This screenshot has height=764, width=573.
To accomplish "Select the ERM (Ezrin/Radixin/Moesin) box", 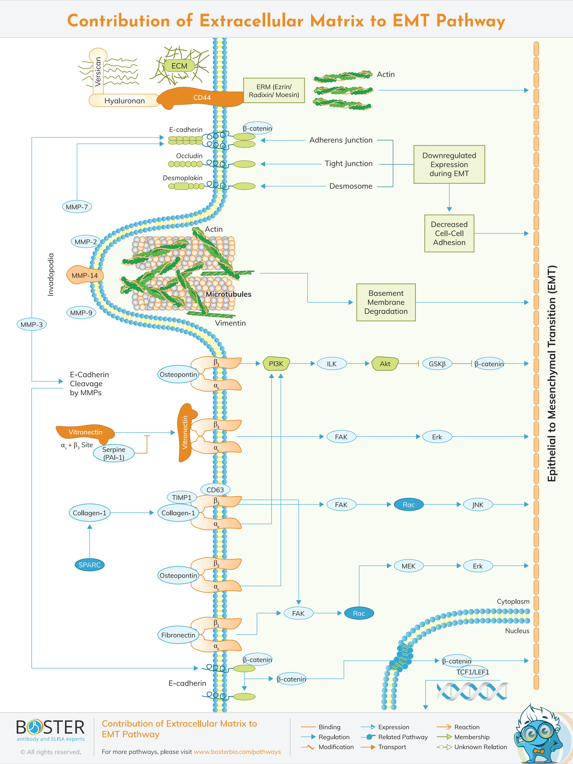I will click(274, 91).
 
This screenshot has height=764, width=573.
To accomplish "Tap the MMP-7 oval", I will click(77, 207).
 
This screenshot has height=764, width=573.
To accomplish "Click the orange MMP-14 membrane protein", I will click(84, 275).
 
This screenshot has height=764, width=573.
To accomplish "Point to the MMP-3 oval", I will click(32, 324).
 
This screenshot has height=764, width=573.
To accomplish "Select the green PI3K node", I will click(276, 364).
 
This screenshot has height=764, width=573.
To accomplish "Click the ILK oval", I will click(332, 364).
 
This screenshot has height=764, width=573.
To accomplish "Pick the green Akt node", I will click(385, 364).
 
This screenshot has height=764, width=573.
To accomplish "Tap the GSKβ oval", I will click(437, 364).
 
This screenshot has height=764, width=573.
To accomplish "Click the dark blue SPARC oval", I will click(90, 565).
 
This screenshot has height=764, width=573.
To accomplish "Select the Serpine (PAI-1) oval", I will click(114, 453).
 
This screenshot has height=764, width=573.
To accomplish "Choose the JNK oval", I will click(478, 505).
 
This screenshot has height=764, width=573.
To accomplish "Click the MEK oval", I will click(408, 566).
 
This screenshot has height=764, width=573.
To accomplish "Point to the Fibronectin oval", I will click(178, 635).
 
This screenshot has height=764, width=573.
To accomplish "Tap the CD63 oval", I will click(215, 489).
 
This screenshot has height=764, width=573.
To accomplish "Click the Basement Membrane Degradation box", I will click(386, 302).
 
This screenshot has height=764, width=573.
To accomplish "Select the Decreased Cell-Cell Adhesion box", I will click(449, 233).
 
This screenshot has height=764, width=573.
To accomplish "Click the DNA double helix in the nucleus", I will click(472, 691).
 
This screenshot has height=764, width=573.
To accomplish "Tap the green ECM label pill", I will click(179, 66).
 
